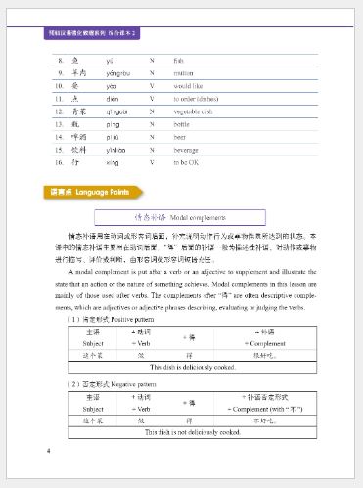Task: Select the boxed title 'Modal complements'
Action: tap(181, 215)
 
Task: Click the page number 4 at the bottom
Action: tap(48, 451)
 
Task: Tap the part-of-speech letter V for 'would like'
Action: tap(152, 86)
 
